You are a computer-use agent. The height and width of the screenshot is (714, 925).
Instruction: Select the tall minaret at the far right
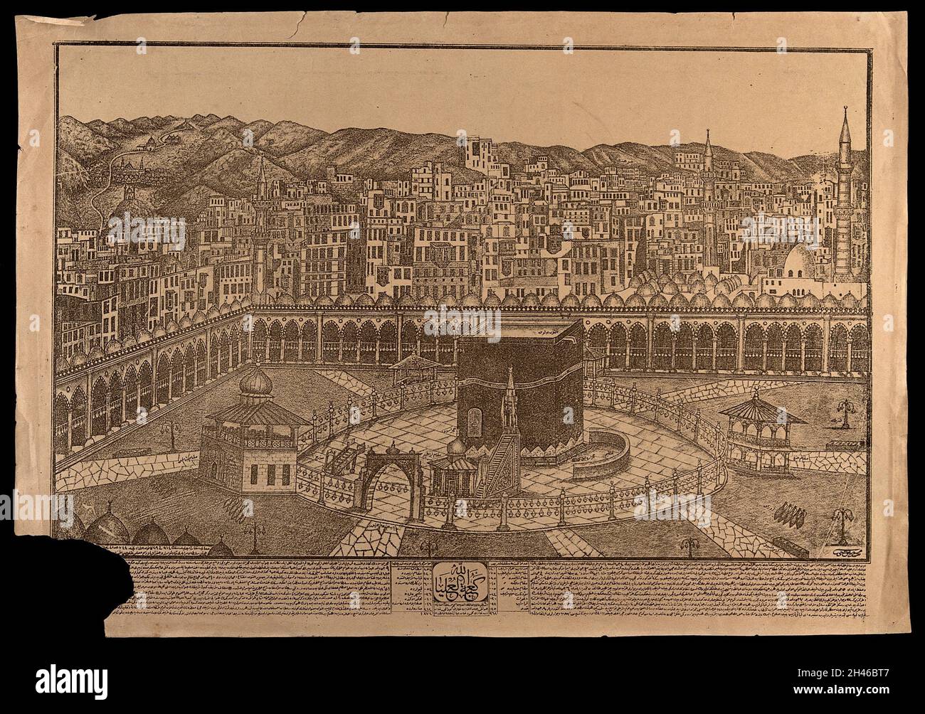coord(843,203)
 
